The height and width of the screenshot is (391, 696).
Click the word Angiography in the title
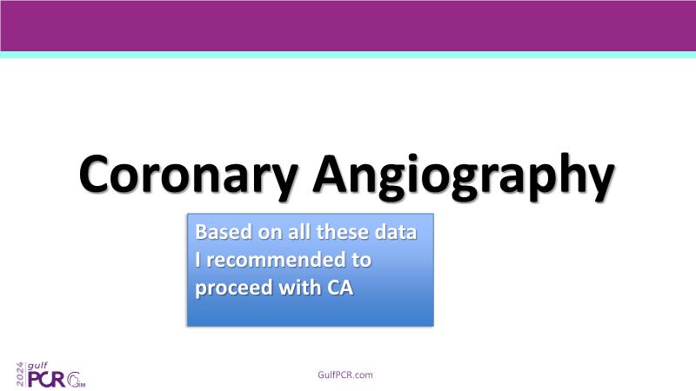click(x=464, y=176)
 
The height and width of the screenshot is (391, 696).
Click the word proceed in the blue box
click(x=233, y=288)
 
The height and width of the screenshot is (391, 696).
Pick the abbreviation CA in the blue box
click(x=340, y=288)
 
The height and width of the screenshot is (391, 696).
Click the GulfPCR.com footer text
click(x=345, y=374)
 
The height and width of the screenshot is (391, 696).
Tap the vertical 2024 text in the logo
click(x=20, y=374)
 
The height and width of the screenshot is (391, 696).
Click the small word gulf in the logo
click(x=37, y=366)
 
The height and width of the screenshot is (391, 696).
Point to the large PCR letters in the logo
click(x=46, y=380)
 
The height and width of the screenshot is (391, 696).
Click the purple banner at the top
click(x=348, y=26)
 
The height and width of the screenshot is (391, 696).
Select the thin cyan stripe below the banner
click(x=348, y=55)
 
